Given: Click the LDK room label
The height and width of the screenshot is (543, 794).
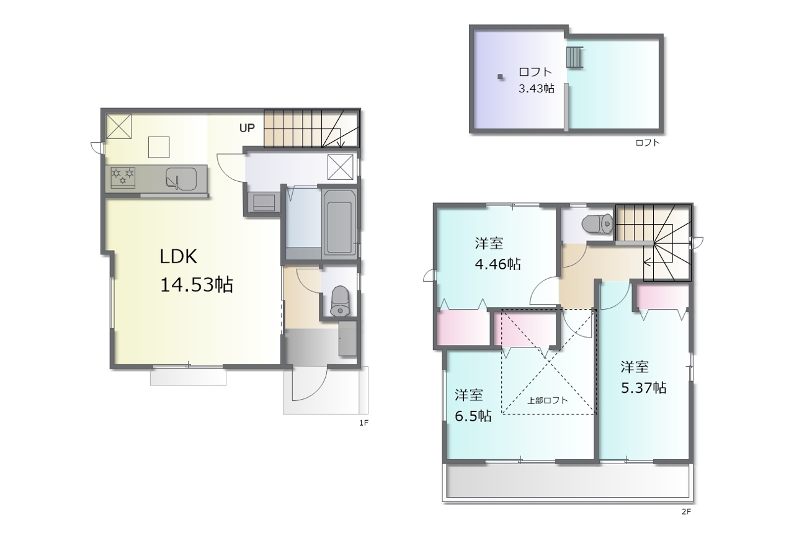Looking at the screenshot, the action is click(178, 256).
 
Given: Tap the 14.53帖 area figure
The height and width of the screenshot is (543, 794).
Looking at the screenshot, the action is click(197, 285).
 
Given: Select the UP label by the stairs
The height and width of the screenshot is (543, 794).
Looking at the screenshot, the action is click(247, 128).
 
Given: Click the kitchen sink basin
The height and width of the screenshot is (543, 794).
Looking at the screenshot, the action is click(181, 179).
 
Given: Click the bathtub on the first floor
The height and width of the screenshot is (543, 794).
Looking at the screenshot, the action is click(339, 225).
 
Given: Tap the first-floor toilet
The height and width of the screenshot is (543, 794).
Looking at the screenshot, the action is click(341, 301).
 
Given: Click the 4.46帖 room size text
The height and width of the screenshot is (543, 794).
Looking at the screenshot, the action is click(497, 264).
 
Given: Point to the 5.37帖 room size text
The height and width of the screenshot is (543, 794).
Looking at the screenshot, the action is click(644, 388).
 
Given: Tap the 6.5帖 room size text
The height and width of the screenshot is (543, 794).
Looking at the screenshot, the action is click(473, 416).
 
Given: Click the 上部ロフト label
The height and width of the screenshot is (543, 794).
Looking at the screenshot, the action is click(548, 400).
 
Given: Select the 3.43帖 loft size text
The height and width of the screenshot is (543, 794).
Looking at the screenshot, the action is click(537, 88).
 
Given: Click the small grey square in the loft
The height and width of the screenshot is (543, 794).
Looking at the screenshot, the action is click(500, 76).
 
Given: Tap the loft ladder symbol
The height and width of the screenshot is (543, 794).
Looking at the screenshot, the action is click(574, 57).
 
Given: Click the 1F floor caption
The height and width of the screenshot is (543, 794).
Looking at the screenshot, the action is click(364, 423).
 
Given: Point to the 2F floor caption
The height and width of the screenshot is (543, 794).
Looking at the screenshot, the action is click(686, 511).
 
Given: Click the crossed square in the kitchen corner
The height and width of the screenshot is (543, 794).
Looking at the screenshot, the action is click(118, 126).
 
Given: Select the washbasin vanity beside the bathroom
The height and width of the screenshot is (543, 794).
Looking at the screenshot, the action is click(264, 202).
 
